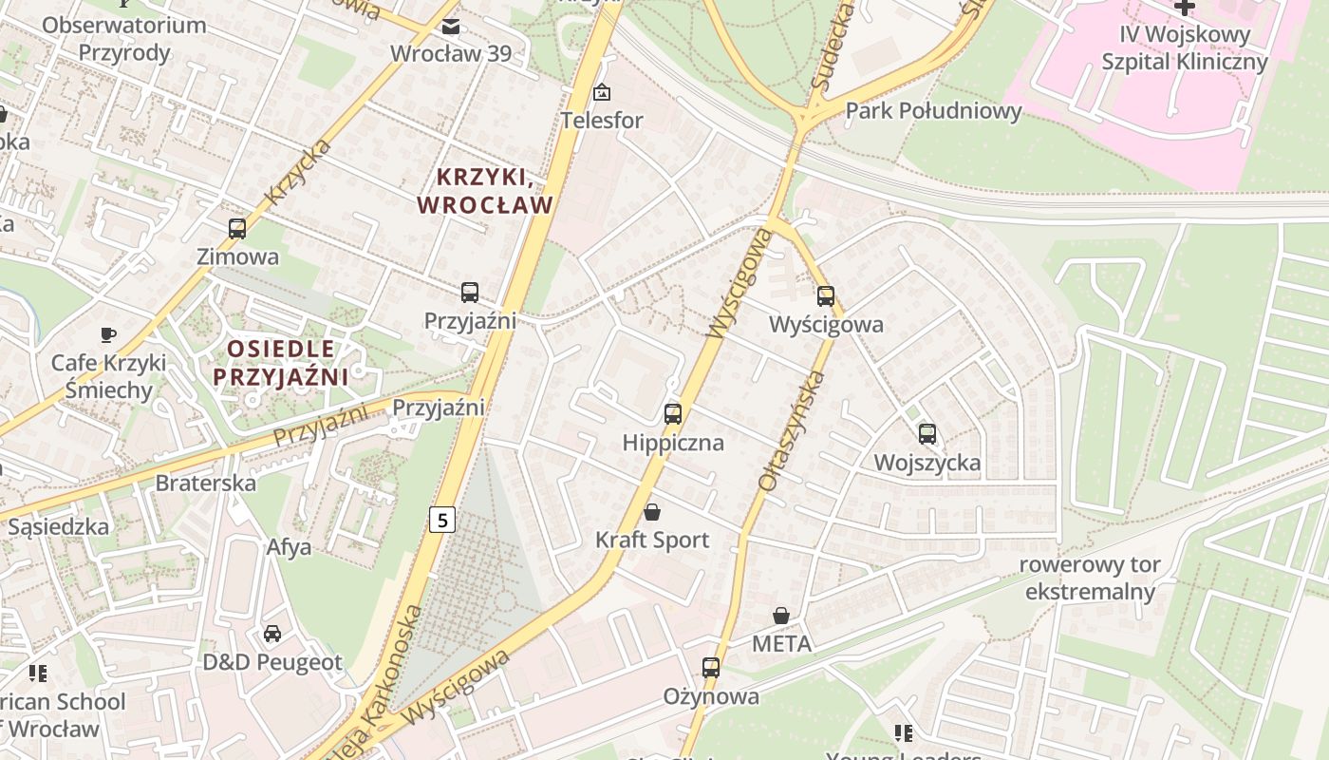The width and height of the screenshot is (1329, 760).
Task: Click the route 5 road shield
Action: [441, 520]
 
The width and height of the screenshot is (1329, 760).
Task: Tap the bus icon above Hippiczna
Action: [673, 413]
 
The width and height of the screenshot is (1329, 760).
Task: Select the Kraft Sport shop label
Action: [652, 540]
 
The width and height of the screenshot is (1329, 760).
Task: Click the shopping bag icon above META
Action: [781, 616]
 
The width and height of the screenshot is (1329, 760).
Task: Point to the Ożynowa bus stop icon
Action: [711, 668]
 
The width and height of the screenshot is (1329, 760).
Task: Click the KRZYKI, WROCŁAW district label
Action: [485, 191]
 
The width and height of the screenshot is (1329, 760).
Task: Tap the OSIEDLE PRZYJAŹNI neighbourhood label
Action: [280, 363]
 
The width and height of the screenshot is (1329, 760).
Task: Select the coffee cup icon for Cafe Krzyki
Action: [108, 334]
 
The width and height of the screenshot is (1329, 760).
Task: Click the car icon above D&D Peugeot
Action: [272, 633]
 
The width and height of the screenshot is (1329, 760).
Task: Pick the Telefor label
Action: [602, 121]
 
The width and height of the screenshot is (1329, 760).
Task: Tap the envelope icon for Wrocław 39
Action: [451, 26]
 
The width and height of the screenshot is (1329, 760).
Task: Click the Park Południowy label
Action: [933, 111]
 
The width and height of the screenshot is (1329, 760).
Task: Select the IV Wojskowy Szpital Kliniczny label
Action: [1184, 48]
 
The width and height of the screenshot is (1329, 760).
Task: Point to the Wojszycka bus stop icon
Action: [927, 434]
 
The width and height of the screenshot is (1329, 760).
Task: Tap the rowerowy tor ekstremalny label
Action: [1090, 579]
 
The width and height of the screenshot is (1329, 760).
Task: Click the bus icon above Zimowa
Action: [237, 228]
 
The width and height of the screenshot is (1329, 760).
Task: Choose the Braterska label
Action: [205, 483]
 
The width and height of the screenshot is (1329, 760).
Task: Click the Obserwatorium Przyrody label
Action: [124, 39]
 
